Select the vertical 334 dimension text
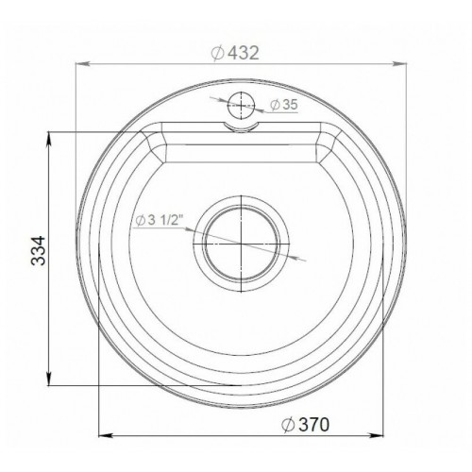click(x=39, y=250)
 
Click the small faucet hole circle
click(x=241, y=105)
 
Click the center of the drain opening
click(x=241, y=244)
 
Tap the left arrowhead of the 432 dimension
click(x=81, y=64)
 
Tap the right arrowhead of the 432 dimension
click(x=400, y=64)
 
